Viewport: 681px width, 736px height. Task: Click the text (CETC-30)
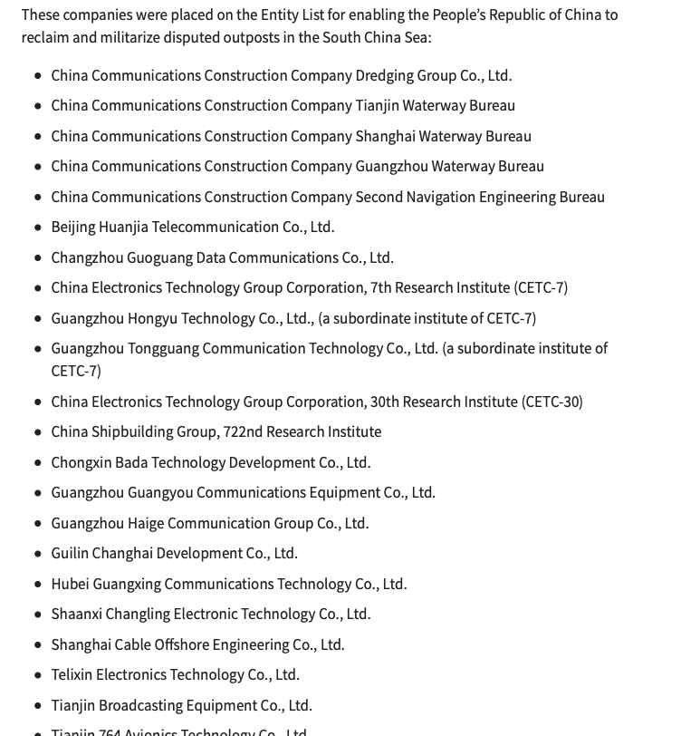click(x=552, y=402)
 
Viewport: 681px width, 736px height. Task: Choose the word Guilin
click(x=70, y=553)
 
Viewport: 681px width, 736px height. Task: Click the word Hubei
click(x=70, y=584)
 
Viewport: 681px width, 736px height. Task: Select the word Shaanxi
click(x=76, y=614)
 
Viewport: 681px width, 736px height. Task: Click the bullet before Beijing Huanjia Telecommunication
click(x=38, y=228)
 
